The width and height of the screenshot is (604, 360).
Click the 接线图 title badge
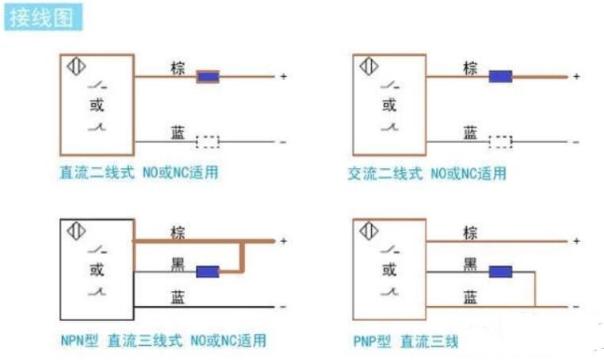point(43,17)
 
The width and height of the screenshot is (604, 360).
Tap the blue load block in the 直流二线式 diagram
point(208,77)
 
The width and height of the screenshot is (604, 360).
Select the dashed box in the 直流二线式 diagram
point(208,142)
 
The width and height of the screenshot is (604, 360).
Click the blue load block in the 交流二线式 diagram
point(500,77)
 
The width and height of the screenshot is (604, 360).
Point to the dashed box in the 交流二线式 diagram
point(500,142)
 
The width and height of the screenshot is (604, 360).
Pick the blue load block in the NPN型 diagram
point(208,272)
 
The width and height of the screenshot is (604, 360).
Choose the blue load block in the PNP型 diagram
point(500,272)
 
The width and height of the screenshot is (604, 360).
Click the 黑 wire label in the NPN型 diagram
point(178,264)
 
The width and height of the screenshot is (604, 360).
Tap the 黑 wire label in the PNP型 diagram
point(470,264)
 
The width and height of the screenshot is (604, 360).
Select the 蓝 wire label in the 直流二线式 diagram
point(178,132)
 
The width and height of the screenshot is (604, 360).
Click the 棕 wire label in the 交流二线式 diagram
point(470,68)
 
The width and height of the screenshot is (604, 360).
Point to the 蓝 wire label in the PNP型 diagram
point(470,297)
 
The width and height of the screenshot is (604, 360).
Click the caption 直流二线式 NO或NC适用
point(139,172)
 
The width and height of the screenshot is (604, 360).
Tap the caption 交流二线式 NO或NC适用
point(427,174)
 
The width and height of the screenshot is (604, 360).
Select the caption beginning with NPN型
point(163,340)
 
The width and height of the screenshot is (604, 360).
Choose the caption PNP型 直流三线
point(406,342)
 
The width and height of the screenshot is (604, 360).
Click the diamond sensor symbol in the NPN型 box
point(76,232)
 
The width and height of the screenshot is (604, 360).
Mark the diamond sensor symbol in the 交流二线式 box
point(369,67)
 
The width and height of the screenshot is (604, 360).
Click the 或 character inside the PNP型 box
point(389,270)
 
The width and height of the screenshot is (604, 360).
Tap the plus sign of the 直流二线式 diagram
point(284,76)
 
